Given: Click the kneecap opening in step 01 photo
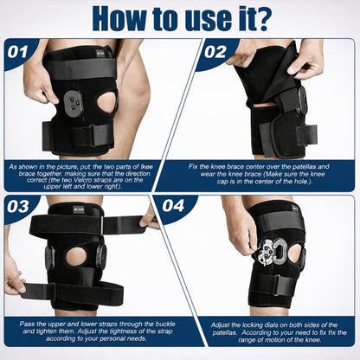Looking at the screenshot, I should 106,102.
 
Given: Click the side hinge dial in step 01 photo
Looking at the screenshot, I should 76,102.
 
